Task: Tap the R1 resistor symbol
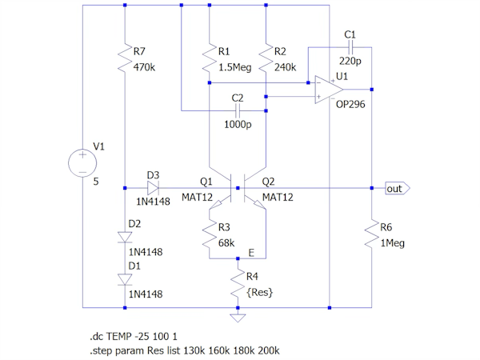[x=209, y=58]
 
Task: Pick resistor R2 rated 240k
[x=265, y=58]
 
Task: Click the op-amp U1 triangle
[x=326, y=89]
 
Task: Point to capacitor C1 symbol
[x=349, y=49]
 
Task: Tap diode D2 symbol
[x=126, y=237]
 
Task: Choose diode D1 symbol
[x=126, y=279]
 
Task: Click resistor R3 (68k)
[x=209, y=234]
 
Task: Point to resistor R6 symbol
[x=372, y=234]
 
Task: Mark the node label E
[x=251, y=254]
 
